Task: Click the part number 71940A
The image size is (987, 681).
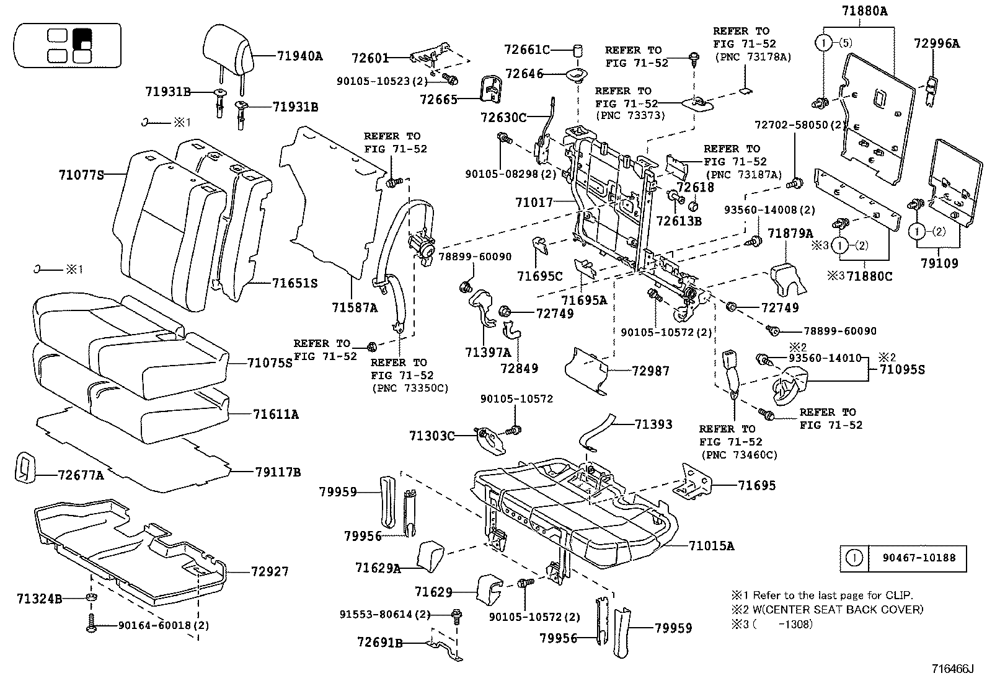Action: point(299,56)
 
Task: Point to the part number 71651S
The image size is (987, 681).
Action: point(294,283)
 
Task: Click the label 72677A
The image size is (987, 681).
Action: point(81,475)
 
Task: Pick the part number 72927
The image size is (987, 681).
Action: point(270,571)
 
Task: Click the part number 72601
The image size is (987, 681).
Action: point(370,58)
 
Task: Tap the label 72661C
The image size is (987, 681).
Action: point(526,50)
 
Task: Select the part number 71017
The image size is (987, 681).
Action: point(533,202)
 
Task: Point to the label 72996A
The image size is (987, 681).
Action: point(936,43)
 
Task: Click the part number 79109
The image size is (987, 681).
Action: point(939,263)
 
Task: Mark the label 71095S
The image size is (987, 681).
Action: point(901,370)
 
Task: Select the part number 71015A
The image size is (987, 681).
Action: point(711,546)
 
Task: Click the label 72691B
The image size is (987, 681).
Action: point(379,643)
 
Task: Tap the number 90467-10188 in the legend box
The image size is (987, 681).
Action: point(920,558)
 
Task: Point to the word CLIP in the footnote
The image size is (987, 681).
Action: point(900,595)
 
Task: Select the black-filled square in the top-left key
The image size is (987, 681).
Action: point(82,39)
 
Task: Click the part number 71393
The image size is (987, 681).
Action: point(653,424)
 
